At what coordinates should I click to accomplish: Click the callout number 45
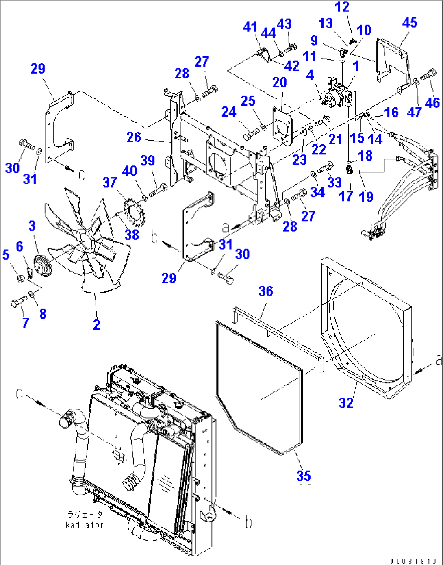click(x=409, y=23)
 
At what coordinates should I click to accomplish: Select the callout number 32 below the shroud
click(x=346, y=403)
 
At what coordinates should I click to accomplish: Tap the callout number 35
click(x=303, y=475)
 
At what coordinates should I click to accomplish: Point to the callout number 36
click(x=265, y=291)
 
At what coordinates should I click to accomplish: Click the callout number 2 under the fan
click(x=96, y=324)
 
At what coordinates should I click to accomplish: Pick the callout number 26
click(x=134, y=137)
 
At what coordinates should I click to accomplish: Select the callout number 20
click(x=279, y=83)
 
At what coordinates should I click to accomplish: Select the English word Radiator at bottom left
click(x=85, y=525)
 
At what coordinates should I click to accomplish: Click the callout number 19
click(x=366, y=197)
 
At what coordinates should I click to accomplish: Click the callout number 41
click(x=250, y=27)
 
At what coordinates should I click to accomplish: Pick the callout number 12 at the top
click(x=342, y=7)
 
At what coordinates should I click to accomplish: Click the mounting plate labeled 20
click(x=282, y=126)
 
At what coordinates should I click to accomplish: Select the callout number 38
click(x=132, y=235)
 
